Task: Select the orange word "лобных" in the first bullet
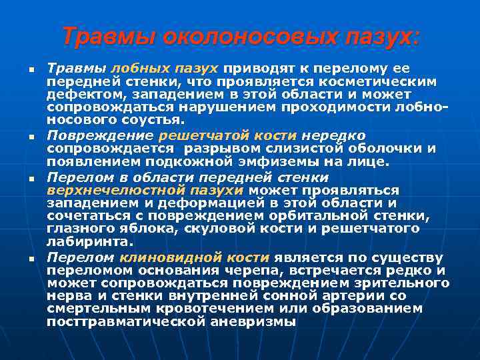coord(134,69)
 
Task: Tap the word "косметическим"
coord(383,82)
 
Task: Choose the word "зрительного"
coord(398,283)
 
